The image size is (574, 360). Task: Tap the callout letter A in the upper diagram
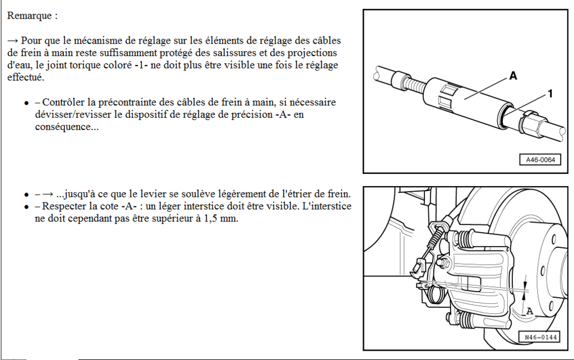click(x=513, y=76)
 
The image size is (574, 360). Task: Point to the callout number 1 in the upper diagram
click(x=550, y=95)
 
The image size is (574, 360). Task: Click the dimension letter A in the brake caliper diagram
click(x=529, y=310)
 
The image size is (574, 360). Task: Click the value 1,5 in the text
click(x=216, y=219)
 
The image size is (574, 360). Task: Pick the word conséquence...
click(x=65, y=127)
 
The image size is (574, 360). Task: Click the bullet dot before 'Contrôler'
click(x=26, y=103)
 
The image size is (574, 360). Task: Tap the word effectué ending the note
click(x=25, y=77)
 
